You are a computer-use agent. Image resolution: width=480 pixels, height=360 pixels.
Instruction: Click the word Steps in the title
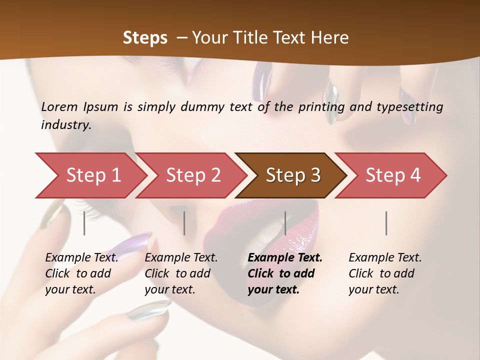point(145,38)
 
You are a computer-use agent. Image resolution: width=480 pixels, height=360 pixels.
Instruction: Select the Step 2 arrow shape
point(193,175)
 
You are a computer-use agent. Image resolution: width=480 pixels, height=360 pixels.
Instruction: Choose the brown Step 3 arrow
point(293,175)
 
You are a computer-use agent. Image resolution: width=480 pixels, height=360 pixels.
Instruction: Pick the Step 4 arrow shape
point(393,175)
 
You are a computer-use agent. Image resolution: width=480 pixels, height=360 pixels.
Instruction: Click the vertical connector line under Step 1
point(84,223)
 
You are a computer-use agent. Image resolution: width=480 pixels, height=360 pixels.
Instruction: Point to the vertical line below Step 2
point(184,223)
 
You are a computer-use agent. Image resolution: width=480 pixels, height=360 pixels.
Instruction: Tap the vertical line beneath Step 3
point(285,223)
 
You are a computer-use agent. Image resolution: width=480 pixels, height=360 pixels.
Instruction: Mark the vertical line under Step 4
point(386,223)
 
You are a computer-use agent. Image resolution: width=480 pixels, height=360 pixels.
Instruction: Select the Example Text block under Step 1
point(81,273)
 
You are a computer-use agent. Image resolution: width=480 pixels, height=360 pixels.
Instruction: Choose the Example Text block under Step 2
point(181,273)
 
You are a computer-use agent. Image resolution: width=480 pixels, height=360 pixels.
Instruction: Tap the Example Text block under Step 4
point(385,273)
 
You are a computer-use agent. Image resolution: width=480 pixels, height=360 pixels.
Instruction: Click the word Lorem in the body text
point(59,106)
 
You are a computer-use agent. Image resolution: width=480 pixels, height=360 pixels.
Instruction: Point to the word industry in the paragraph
point(65,125)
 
